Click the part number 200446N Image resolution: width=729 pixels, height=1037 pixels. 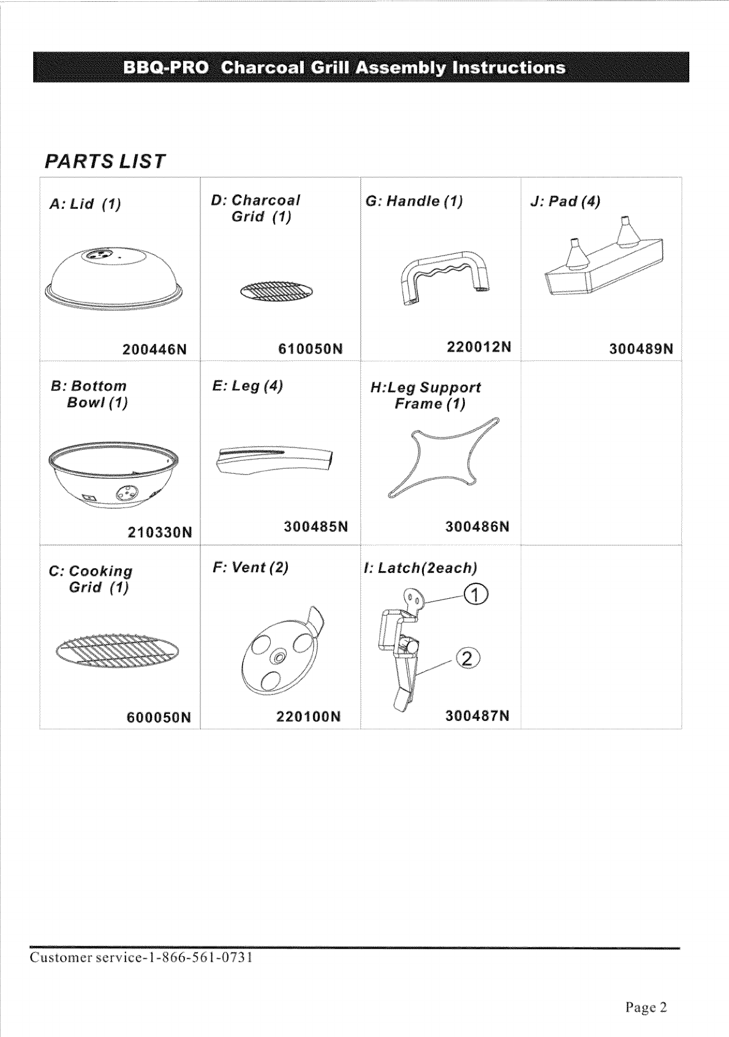pos(154,350)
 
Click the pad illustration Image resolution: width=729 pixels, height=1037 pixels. pos(603,260)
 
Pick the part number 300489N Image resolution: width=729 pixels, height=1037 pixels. pos(641,349)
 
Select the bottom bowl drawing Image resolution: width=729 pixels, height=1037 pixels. pos(115,475)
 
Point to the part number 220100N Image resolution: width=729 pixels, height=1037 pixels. pos(308,716)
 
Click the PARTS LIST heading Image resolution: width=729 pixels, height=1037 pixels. pos(105,161)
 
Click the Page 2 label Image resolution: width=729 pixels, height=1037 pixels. pos(646,1007)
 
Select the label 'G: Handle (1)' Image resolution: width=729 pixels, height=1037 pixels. pos(414,201)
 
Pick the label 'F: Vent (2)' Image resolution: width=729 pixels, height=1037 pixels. pos(251,567)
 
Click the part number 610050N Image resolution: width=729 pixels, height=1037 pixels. pos(310,349)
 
